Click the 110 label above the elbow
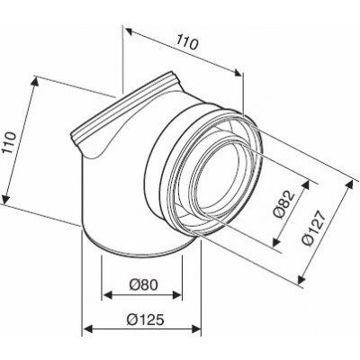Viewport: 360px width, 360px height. pyautogui.click(x=187, y=42)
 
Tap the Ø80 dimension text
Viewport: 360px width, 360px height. pyautogui.click(x=140, y=285)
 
